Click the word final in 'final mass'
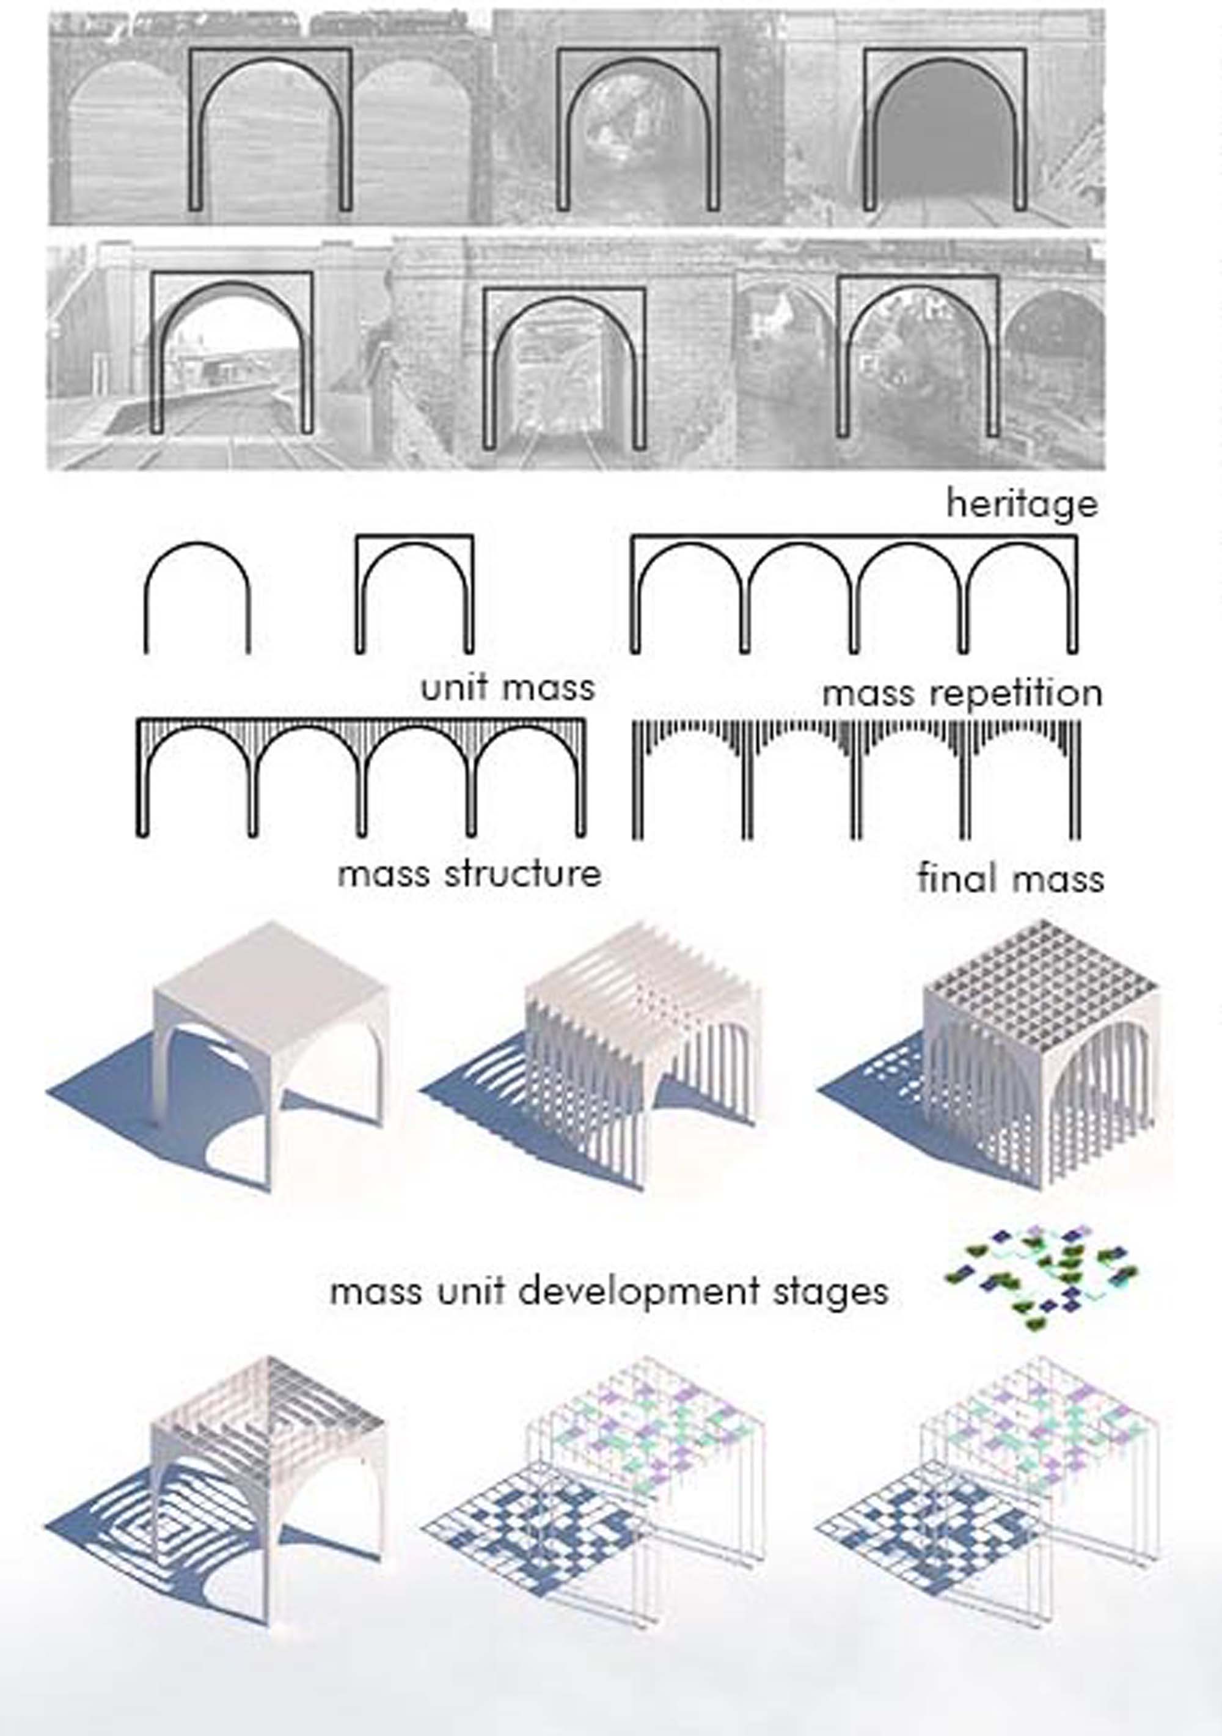pos(951,878)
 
